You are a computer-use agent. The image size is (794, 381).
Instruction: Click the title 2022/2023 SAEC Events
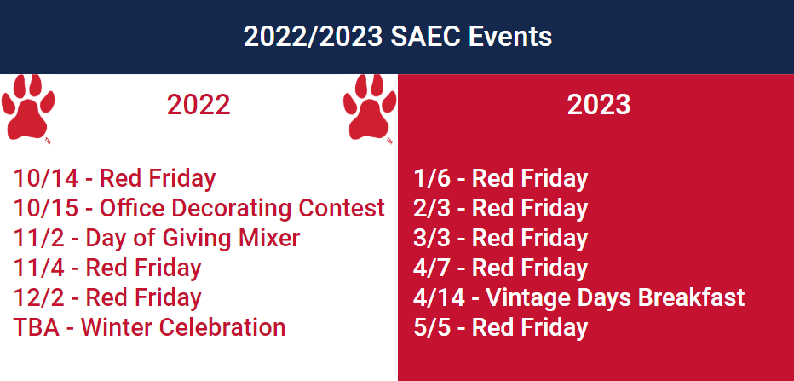(398, 37)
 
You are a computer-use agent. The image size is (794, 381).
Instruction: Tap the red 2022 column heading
(198, 105)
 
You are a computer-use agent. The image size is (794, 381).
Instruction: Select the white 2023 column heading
(599, 105)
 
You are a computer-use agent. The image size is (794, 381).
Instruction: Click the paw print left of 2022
(28, 108)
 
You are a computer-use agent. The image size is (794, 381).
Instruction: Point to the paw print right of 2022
(370, 108)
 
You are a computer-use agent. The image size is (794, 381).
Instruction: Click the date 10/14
(46, 178)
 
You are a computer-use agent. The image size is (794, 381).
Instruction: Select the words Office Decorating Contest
(242, 208)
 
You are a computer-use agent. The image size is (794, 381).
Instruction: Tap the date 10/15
(46, 208)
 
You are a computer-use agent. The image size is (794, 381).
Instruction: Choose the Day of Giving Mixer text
(193, 238)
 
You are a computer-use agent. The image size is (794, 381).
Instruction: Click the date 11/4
(39, 268)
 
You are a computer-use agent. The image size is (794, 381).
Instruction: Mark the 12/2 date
(39, 297)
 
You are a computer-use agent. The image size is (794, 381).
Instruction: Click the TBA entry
(36, 327)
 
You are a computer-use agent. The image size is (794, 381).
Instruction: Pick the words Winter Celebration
(183, 327)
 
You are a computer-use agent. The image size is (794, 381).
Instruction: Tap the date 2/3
(432, 208)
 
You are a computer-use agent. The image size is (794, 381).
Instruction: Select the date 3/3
(432, 238)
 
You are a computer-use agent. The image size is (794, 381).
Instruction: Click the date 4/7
(432, 268)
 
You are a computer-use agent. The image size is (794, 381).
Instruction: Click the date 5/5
(432, 327)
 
